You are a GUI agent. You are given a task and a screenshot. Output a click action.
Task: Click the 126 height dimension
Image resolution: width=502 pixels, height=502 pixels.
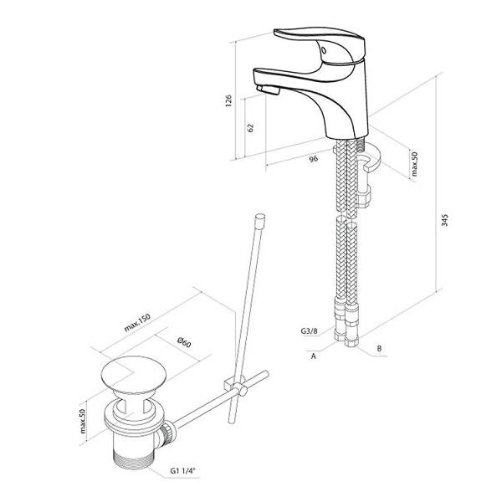click(228, 100)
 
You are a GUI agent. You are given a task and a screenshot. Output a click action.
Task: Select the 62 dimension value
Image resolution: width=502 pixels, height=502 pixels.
click(250, 128)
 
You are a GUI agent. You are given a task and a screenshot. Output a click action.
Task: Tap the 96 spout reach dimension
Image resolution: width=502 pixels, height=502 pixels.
click(314, 158)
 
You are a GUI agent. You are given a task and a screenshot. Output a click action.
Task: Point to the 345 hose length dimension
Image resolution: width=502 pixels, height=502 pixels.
click(445, 220)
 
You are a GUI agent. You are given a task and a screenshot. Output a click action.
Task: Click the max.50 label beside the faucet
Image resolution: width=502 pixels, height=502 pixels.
click(415, 164)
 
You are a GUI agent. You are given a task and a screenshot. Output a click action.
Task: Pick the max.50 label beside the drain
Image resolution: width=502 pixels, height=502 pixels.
click(83, 421)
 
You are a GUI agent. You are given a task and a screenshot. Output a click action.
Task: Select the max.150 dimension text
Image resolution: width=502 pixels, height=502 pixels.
click(137, 323)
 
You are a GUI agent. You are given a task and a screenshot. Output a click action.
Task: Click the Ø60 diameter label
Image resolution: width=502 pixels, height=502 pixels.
click(184, 342)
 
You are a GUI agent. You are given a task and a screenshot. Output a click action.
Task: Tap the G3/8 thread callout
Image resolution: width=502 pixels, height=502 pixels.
click(309, 330)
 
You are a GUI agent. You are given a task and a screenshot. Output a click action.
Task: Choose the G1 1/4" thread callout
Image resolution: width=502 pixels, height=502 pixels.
click(182, 470)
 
